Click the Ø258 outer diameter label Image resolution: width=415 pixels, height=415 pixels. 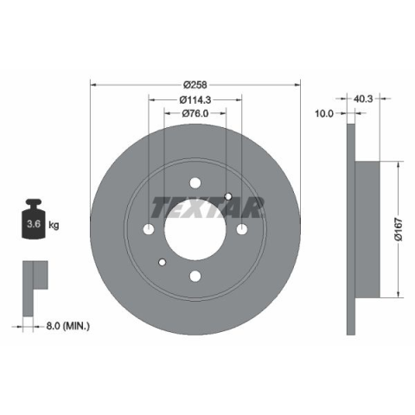pos(195,85)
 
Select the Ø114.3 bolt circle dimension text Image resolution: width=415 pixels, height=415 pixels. pos(195,99)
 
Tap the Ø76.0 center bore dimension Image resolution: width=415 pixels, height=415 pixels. pos(195,113)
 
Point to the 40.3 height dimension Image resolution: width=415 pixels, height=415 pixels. pos(362,99)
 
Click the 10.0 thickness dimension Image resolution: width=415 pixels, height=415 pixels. pos(323,113)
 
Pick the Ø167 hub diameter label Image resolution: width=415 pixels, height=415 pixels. pos(398,229)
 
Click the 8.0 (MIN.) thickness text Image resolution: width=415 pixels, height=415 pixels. pos(67,326)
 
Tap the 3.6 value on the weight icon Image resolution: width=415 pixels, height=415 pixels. pos(34,224)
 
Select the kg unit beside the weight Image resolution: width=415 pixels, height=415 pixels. pos(54,225)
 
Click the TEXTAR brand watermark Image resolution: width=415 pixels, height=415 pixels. pos(207,207)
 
